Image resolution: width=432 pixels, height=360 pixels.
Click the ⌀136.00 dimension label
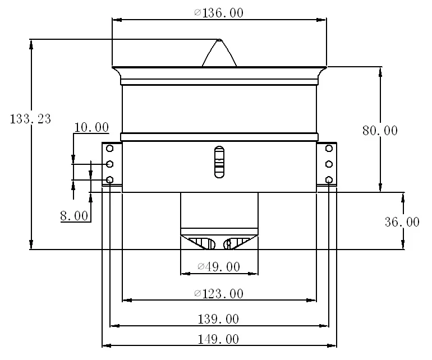[219, 13]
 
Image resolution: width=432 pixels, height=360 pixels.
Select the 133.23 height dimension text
[30, 119]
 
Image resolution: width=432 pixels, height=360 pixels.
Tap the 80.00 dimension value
[380, 131]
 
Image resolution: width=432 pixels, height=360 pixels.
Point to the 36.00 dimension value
[402, 222]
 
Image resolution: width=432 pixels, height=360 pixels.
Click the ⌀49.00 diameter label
[219, 266]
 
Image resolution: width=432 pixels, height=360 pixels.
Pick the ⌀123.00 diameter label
[219, 294]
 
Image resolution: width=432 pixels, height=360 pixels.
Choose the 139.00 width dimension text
[218, 319]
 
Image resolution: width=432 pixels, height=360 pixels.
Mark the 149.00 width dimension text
[218, 339]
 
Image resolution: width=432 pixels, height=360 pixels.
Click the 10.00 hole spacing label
[91, 127]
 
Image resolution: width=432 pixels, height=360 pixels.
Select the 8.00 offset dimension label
[74, 216]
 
